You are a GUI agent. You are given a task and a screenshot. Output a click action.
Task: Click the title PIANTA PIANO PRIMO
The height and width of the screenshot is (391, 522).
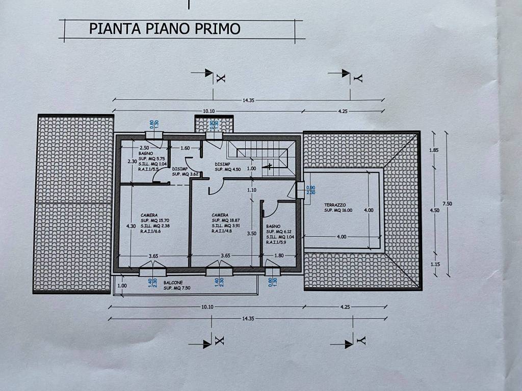pos(165,28)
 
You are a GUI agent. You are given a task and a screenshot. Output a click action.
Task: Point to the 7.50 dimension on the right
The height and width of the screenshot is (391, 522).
pos(448,204)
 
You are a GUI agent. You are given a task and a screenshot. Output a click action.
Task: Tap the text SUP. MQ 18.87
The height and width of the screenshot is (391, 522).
pos(227,220)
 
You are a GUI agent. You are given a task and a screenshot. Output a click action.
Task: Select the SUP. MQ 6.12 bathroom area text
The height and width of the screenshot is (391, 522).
pos(279,232)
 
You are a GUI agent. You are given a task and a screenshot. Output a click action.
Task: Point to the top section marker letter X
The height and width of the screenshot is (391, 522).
pos(220,78)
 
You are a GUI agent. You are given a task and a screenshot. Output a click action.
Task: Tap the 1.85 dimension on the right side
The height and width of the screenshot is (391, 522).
pos(434,151)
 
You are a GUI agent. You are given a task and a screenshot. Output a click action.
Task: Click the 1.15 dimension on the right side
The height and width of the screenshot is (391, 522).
pos(434,264)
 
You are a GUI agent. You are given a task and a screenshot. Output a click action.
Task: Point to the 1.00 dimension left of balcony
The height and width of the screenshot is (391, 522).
pos(122,286)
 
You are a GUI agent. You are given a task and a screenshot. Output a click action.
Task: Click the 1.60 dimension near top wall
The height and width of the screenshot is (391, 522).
pos(185,148)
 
